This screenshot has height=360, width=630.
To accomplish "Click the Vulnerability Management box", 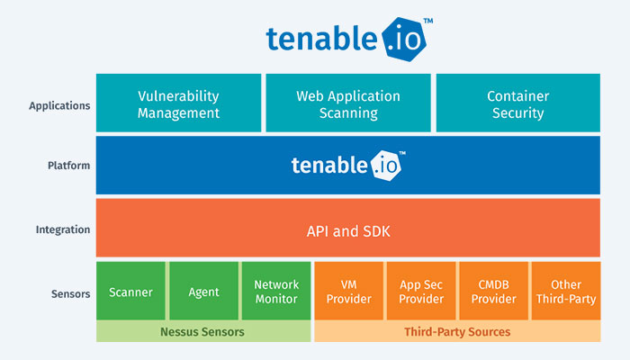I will (178, 104).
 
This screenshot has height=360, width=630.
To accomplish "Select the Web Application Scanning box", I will (347, 104).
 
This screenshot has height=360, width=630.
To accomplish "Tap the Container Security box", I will (517, 104).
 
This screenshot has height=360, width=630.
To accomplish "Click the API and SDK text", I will (347, 230).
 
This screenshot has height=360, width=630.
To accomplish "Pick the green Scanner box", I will (130, 292).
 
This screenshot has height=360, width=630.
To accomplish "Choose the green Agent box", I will (202, 292).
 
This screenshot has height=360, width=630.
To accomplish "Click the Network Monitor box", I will (275, 291).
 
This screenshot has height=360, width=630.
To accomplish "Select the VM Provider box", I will (348, 291).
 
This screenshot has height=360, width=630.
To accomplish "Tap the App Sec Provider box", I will (421, 291).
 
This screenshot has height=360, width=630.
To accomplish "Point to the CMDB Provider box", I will (493, 291).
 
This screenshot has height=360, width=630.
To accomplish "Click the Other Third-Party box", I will (565, 291).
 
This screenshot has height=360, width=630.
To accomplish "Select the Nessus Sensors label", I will (202, 332).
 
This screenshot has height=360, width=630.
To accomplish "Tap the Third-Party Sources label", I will (456, 332).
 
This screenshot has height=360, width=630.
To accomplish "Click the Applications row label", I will (59, 105).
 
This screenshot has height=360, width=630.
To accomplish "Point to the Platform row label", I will (68, 166).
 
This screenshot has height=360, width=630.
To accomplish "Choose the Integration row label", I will (63, 229).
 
